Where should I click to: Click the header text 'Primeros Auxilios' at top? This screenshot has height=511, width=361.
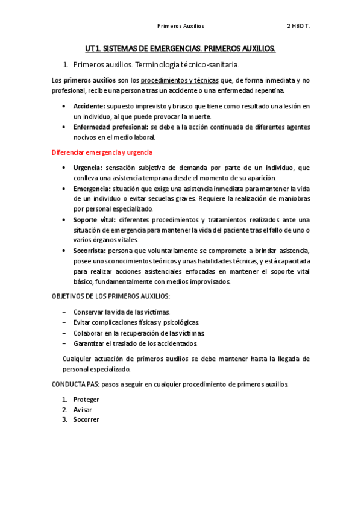click(180, 26)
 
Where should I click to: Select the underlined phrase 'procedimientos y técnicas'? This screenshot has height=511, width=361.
click(183, 80)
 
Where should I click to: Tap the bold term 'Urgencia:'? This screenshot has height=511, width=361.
click(88, 168)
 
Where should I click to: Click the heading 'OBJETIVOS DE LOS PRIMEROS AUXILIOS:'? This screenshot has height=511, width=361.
click(111, 296)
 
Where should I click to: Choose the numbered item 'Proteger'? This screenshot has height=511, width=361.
click(86, 399)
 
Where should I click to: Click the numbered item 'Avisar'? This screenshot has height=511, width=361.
click(83, 409)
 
